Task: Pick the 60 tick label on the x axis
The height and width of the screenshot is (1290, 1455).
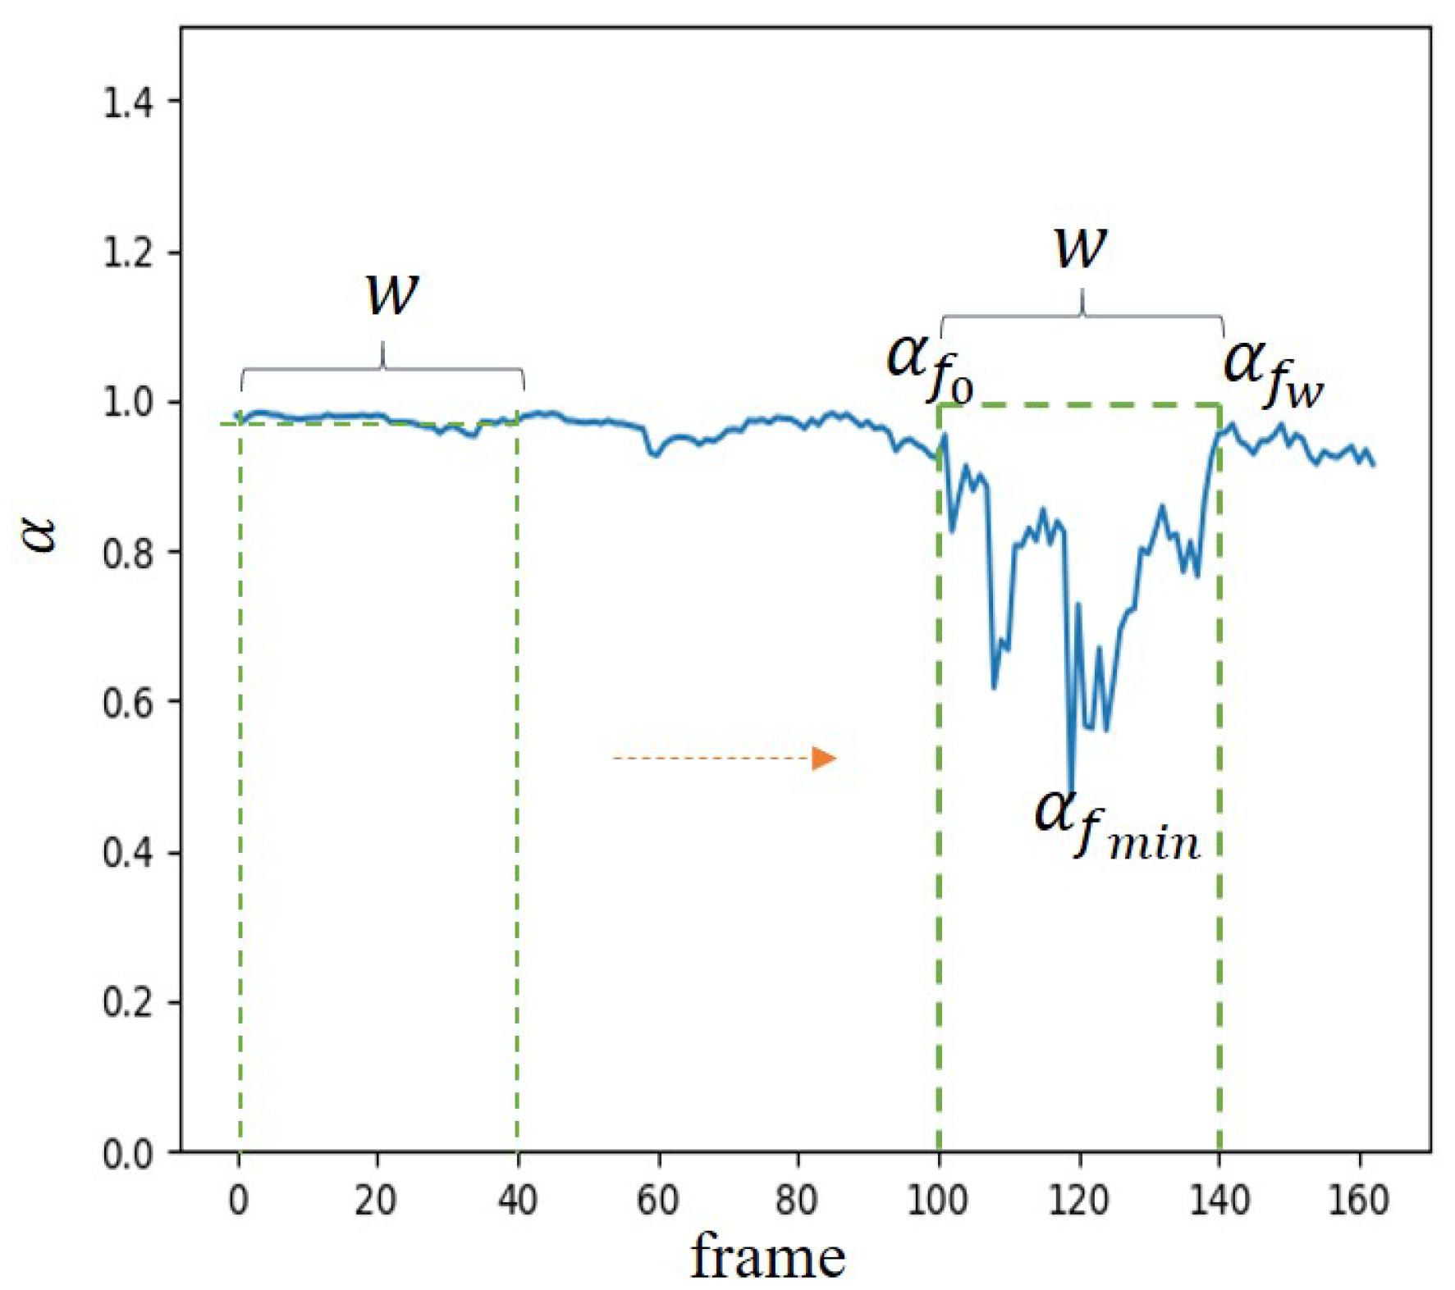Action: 658,1201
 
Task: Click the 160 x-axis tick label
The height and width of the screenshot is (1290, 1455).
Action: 1359,1201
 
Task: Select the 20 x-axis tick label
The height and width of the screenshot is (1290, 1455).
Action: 377,1201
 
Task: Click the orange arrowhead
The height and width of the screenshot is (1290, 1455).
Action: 823,759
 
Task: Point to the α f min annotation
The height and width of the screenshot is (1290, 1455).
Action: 1116,824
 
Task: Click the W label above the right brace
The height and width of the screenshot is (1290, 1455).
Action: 1080,245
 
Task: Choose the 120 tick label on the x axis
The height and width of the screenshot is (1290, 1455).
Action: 1078,1201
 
